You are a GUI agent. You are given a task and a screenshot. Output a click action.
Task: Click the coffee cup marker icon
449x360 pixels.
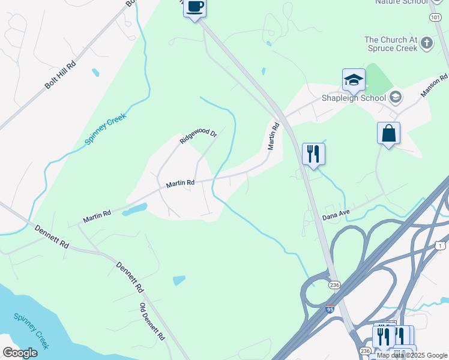pyautogui.click(x=194, y=8)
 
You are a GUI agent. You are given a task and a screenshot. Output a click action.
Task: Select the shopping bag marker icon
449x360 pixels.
pyautogui.click(x=389, y=133)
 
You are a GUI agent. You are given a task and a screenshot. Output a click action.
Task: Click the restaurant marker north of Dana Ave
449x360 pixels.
pyautogui.click(x=313, y=154)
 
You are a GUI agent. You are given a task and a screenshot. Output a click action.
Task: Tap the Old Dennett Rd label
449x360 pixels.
pyautogui.click(x=152, y=322)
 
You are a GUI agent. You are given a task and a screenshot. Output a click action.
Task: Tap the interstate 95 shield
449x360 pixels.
pyautogui.click(x=330, y=309)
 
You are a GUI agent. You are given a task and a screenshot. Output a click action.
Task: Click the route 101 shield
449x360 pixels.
pyautogui.click(x=435, y=18)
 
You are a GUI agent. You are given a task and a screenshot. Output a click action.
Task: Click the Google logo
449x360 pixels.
pyautogui.click(x=20, y=352)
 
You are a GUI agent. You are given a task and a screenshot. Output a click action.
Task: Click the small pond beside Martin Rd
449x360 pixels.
pyautogui.click(x=134, y=209)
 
